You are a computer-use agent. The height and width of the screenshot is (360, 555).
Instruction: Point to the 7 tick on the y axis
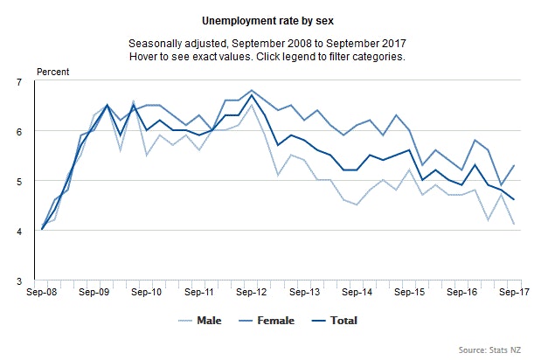pos(19,81)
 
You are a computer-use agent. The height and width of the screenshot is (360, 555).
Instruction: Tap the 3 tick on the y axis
pos(19,281)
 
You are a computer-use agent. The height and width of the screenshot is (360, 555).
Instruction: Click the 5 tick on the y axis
pos(19,182)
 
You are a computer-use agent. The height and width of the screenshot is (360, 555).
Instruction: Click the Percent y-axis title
pos(52,72)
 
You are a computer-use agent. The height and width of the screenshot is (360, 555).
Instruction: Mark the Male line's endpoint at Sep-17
pos(512,225)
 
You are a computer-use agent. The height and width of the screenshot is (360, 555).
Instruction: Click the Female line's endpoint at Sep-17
pos(512,165)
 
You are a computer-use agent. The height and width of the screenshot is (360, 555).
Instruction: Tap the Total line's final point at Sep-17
pos(512,200)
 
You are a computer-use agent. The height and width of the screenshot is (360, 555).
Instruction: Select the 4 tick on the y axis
pos(19,232)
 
